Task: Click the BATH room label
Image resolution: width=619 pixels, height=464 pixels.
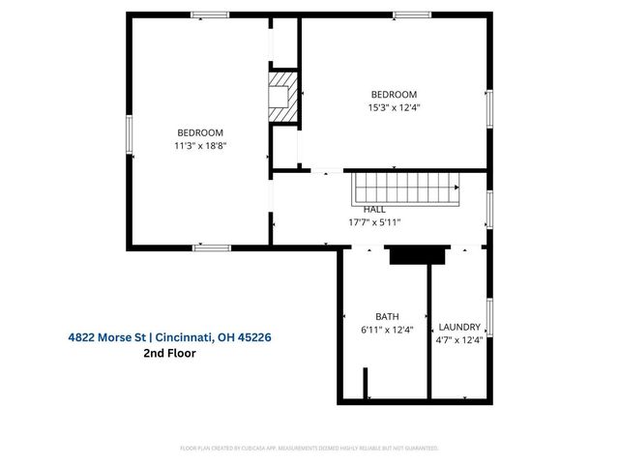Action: point(387,317)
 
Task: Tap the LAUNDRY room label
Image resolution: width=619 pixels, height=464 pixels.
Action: point(459,327)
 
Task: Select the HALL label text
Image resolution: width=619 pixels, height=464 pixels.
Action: point(374,209)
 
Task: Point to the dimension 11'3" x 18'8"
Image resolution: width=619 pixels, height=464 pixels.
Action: point(200,146)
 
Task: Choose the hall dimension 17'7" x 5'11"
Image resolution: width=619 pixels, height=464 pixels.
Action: point(374,221)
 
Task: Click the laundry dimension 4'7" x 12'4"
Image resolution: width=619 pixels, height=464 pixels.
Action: point(459,339)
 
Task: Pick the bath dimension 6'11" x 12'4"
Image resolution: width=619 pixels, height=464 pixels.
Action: point(387,330)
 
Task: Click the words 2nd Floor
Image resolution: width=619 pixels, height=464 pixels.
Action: point(170,354)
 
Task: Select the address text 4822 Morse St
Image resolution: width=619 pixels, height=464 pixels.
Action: point(107,337)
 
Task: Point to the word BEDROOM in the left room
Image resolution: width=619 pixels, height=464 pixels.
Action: point(200,133)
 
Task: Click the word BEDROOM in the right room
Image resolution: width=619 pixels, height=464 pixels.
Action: point(394,94)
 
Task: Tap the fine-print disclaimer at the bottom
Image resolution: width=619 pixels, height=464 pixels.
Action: point(309,449)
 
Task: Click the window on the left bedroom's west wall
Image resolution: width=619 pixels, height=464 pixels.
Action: point(128,134)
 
